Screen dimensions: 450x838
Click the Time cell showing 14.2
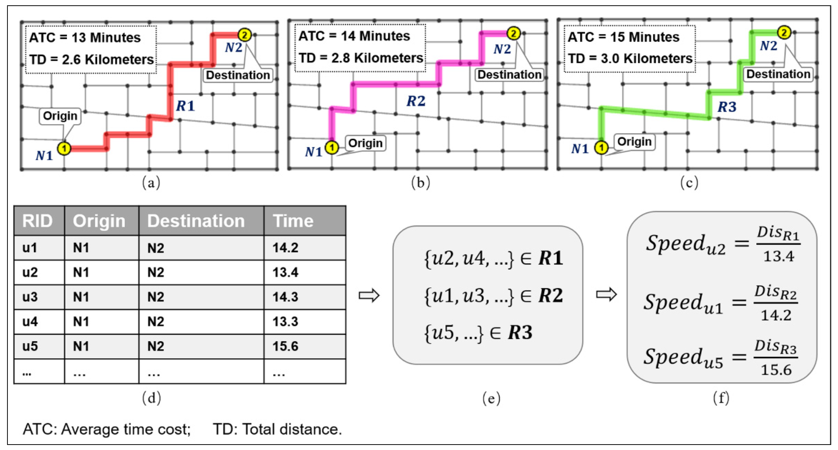[285, 248]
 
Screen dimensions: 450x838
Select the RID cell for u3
[30, 297]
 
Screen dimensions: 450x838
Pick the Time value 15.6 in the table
[285, 346]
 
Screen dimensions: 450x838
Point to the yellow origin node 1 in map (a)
[64, 149]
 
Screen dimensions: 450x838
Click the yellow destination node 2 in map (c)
[784, 33]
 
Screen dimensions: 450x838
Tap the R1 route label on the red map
[185, 106]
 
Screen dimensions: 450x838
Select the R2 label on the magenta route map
[416, 101]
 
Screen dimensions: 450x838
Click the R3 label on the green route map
[727, 107]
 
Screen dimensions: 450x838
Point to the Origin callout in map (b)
[365, 143]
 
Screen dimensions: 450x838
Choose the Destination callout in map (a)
[238, 75]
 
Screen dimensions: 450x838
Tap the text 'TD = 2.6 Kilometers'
[91, 60]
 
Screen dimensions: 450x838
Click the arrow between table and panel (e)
[369, 296]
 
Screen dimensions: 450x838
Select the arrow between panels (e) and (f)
[606, 295]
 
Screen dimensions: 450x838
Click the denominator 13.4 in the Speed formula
[778, 257]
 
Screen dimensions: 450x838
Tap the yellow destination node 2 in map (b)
[513, 33]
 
